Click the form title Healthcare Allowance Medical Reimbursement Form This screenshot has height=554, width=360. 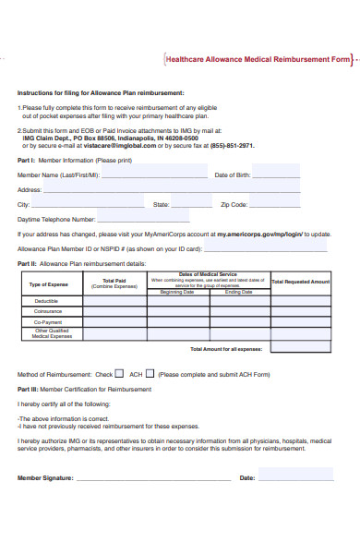[x=258, y=59]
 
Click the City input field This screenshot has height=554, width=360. [x=87, y=204]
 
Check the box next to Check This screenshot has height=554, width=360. [x=119, y=374]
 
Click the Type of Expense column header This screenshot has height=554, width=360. [x=49, y=284]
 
